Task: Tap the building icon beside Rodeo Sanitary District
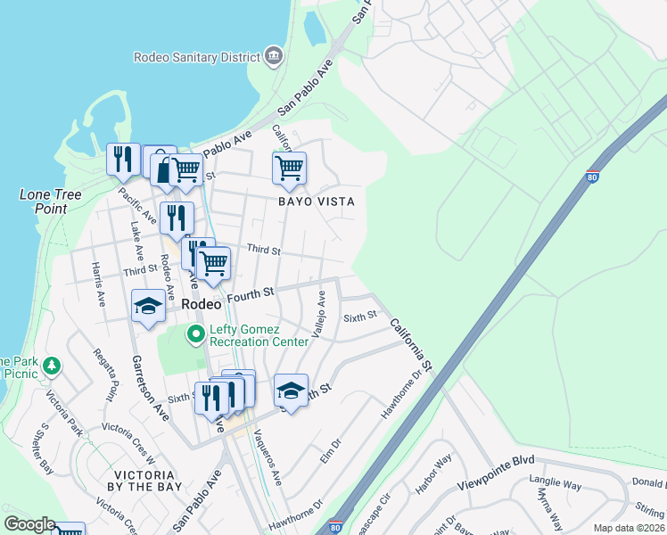click(275, 57)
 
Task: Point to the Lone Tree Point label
click(51, 202)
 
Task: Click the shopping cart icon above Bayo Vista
click(289, 167)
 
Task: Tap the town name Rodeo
click(201, 304)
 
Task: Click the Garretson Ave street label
click(149, 388)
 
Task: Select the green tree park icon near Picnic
click(52, 365)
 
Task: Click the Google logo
click(29, 524)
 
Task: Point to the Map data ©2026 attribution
click(628, 528)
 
